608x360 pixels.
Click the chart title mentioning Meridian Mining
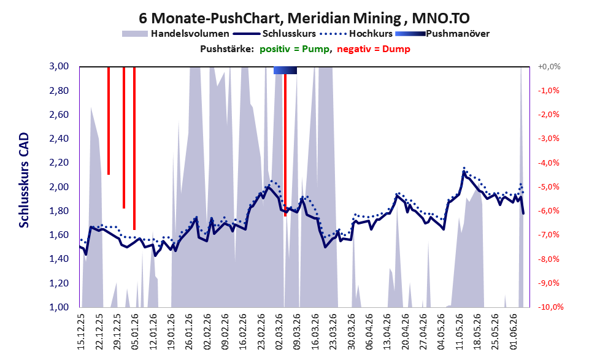coord(304,18)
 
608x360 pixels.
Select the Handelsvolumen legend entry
coord(175,34)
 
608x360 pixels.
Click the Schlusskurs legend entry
coord(275,34)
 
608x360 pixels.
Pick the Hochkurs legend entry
coord(356,34)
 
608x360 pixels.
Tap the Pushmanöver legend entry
coord(442,34)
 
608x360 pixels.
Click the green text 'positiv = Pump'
coord(294,49)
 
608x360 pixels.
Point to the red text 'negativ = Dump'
coord(374,49)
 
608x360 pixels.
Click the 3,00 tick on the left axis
coord(59,66)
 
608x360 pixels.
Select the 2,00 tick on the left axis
coord(59,187)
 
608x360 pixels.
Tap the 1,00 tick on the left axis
coord(59,307)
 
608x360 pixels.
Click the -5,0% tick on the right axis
coord(548,187)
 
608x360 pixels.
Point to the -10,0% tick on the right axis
coord(550,307)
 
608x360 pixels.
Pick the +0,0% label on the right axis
coord(549,67)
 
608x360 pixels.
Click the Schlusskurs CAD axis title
coord(24,180)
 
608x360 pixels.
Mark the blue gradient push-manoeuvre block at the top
coord(285,70)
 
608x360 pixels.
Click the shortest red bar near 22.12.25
coord(109,121)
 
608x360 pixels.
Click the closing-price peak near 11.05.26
coord(464,171)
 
